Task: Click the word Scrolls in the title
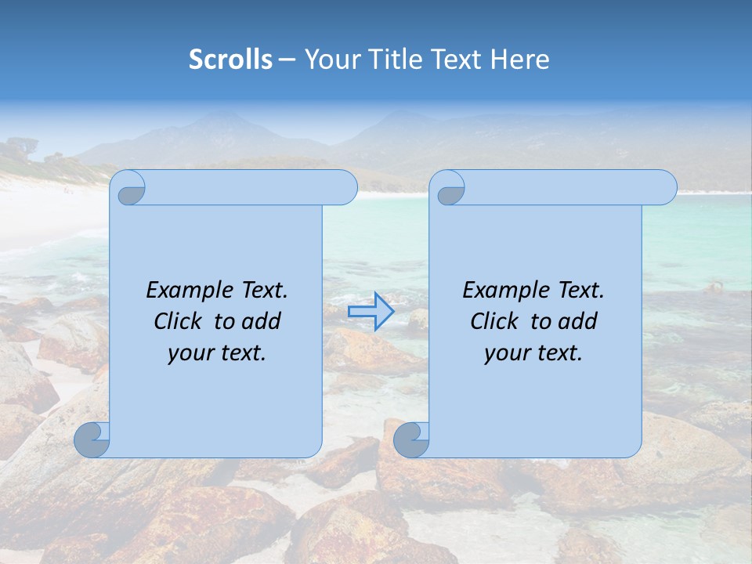pos(230,59)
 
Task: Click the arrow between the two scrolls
pos(371,312)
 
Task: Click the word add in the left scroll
pos(262,321)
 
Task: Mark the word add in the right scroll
pos(579,321)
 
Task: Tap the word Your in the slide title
pos(330,59)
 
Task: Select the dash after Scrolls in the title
pos(287,60)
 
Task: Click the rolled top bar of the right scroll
pos(564,187)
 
